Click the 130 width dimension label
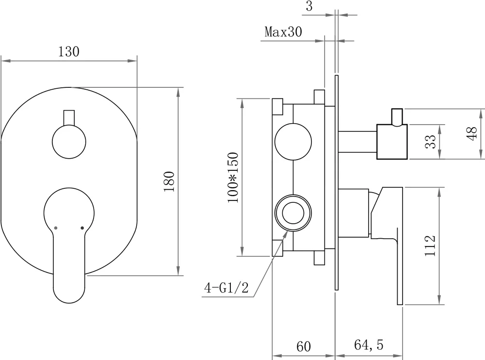pyautogui.click(x=68, y=52)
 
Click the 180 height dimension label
pyautogui.click(x=169, y=181)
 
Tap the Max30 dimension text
pyautogui.click(x=283, y=32)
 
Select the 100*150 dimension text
pyautogui.click(x=233, y=178)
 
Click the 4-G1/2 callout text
pyautogui.click(x=226, y=289)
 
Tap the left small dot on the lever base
pyautogui.click(x=56, y=227)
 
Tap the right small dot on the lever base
pyautogui.click(x=81, y=227)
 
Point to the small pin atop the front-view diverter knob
pyautogui.click(x=68, y=117)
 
